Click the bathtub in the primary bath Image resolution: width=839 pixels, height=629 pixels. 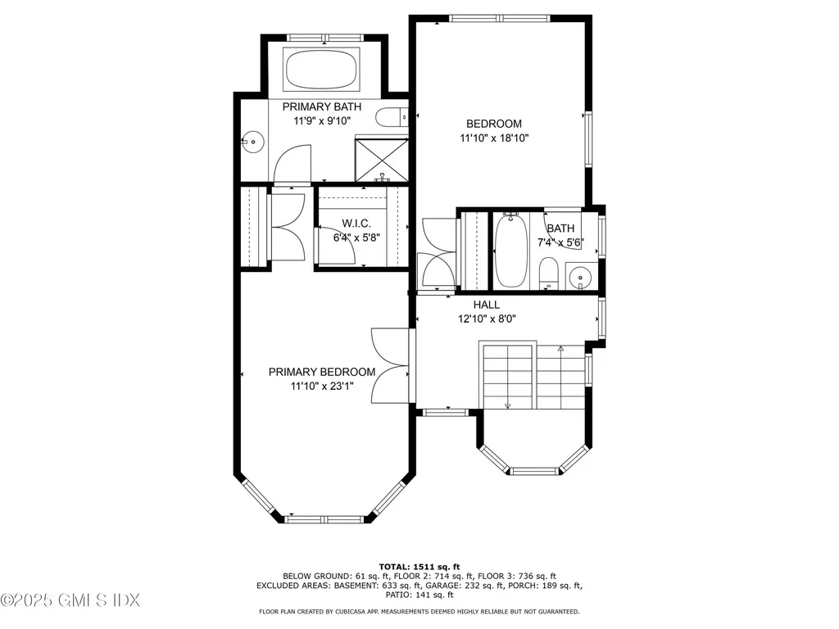pos(321,70)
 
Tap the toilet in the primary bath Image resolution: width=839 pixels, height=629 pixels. pos(391,118)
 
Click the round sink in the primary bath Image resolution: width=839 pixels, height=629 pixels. pos(253,143)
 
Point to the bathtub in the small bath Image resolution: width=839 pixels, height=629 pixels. pos(510,250)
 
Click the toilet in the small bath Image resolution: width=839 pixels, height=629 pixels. pos(549,273)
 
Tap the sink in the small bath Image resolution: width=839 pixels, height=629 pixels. pos(581,278)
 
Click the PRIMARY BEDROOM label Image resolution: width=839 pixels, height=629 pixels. pos(322,372)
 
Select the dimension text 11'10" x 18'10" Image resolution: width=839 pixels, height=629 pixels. pos(494,138)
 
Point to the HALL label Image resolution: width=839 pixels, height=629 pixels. pos(487,305)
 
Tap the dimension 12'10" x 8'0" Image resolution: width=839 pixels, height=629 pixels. pos(487,319)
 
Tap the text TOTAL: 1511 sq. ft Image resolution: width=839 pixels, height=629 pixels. pos(419,566)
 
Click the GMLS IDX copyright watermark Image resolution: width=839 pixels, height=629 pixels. pos(70,600)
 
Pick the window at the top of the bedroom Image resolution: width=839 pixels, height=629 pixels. pos(501,17)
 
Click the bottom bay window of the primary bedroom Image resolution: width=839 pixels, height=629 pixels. pos(325,518)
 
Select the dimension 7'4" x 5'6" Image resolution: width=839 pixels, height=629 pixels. pos(561,242)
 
